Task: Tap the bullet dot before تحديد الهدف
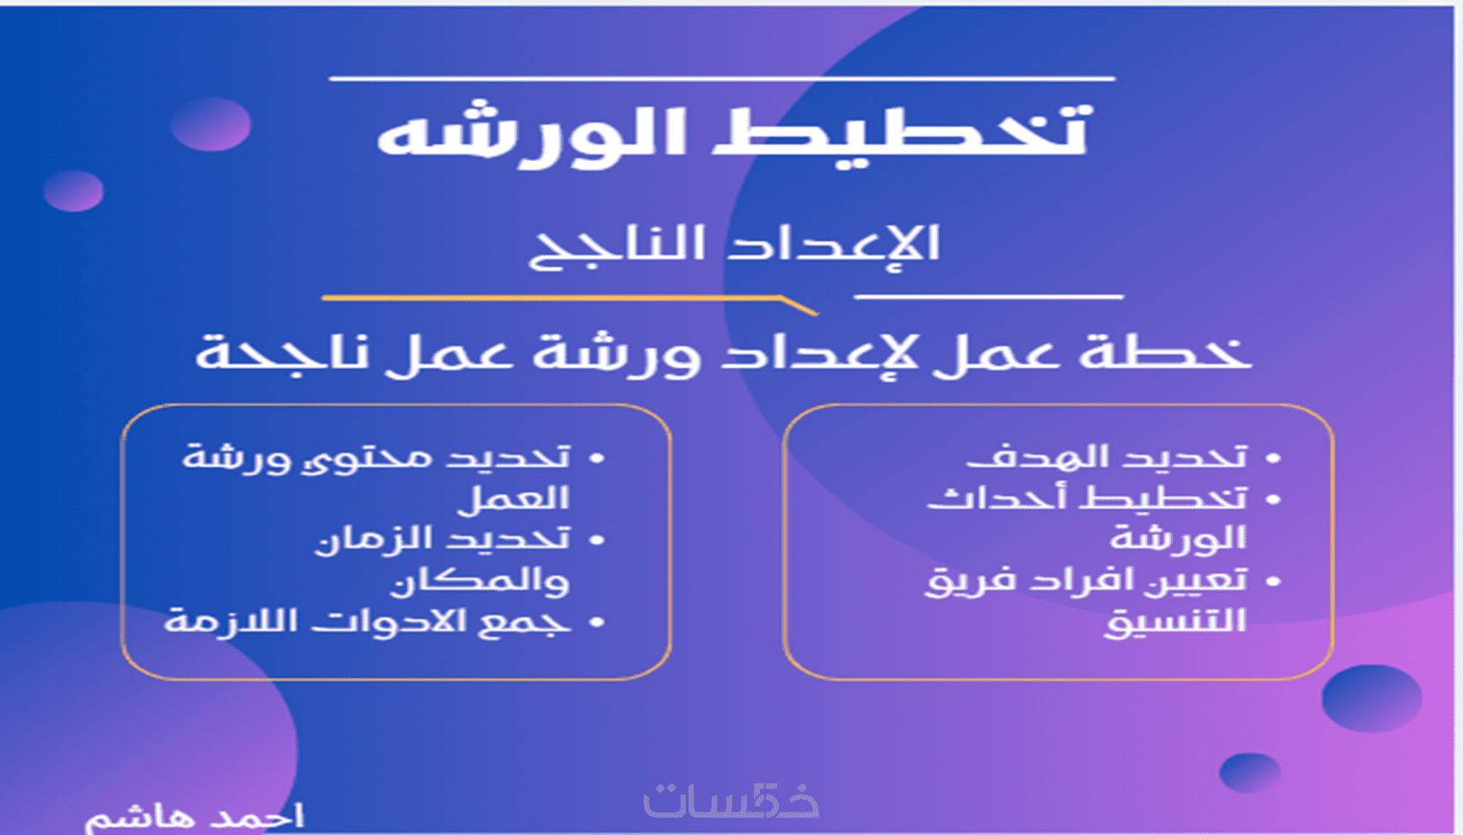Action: [1273, 459]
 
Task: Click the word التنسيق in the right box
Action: [1176, 621]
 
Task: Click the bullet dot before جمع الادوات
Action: [596, 622]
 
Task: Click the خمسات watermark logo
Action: [731, 801]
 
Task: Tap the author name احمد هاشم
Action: [194, 818]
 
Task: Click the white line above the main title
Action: [722, 79]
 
